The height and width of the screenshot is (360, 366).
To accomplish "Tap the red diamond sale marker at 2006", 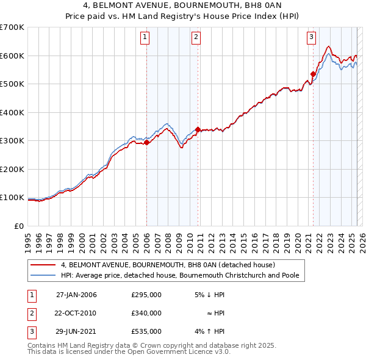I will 146,143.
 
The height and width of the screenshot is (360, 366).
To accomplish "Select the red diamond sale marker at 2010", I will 198,129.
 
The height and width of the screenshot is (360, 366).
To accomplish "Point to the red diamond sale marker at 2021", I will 313,74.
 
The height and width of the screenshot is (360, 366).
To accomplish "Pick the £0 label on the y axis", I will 19,226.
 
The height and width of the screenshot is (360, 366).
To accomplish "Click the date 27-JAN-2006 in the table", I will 76,295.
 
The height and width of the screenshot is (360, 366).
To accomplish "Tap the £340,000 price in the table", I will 146,313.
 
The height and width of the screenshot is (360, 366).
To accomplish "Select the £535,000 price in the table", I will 146,331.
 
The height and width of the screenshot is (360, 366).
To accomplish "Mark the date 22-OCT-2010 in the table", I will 76,313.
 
